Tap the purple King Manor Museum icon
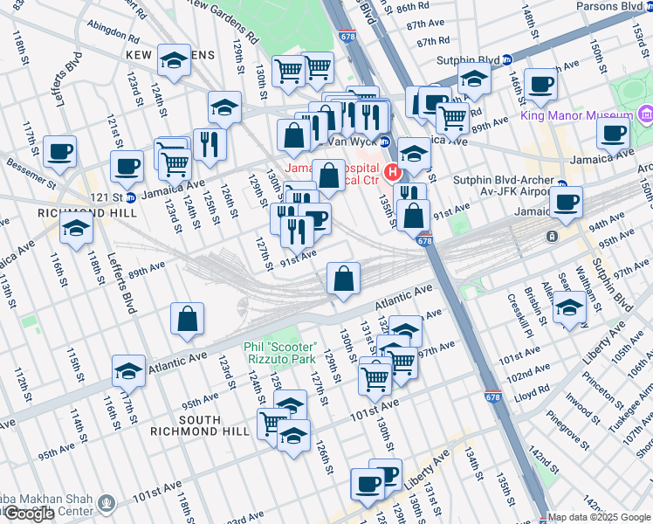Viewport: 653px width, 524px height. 645,114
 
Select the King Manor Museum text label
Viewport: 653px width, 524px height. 578,115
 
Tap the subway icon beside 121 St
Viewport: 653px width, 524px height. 130,196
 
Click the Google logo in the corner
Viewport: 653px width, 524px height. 29,514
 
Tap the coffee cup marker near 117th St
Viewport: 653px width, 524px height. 59,152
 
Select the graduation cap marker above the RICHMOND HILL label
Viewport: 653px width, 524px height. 77,228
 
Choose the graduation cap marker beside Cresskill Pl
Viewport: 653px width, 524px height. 570,307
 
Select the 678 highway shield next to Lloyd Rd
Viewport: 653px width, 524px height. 492,396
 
